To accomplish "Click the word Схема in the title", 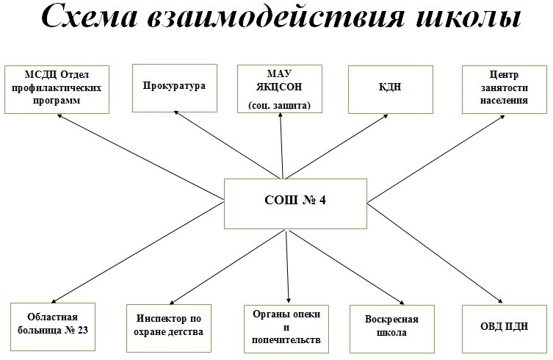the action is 89,17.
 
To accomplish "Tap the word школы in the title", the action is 469,17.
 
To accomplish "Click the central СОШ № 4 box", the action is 295,204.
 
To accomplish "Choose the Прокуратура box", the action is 175,88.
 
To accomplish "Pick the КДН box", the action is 391,90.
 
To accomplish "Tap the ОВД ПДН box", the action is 505,329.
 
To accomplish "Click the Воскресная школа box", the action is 392,329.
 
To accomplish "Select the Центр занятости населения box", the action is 505,90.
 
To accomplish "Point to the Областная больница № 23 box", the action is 53,327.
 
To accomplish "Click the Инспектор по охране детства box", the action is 169,328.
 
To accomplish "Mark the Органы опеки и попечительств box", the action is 286,329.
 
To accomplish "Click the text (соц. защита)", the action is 279,106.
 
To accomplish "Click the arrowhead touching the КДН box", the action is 385,116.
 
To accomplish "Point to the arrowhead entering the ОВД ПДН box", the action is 499,300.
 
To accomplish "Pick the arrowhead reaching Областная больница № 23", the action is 54,300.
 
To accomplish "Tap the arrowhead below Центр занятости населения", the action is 502,117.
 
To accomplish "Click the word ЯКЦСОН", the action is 279,87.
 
